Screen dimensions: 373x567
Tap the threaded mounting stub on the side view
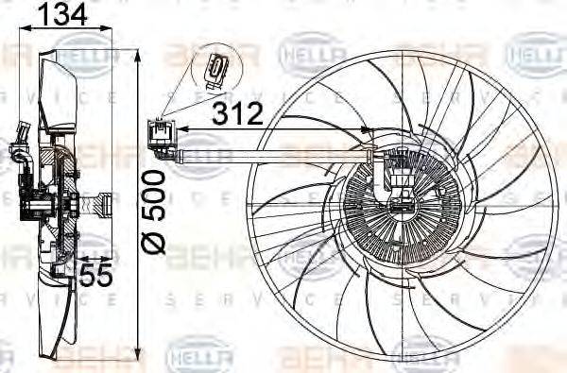[x=102, y=201]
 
